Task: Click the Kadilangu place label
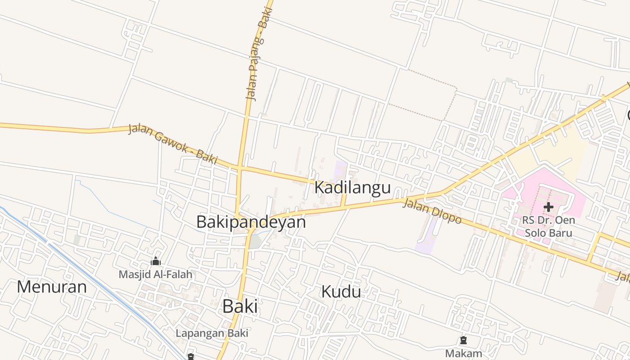[x=352, y=187]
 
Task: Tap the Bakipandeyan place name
[x=251, y=222]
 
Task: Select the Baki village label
[x=240, y=306]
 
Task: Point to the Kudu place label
[x=341, y=292]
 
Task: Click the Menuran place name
[x=52, y=287]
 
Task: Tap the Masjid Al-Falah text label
[x=155, y=274]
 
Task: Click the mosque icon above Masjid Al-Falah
[x=156, y=261]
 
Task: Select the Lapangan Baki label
[x=212, y=333]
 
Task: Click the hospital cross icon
[x=548, y=207]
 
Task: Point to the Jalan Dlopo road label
[x=432, y=211]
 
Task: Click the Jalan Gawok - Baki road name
[x=173, y=144]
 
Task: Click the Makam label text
[x=463, y=353]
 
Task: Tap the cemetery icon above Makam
[x=463, y=340]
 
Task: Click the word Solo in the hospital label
[x=535, y=233]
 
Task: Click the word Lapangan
[x=198, y=333]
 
